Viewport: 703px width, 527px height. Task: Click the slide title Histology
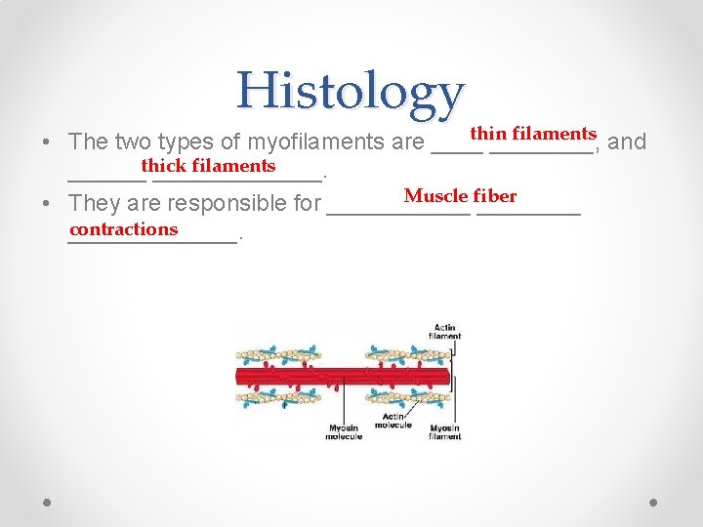click(x=349, y=92)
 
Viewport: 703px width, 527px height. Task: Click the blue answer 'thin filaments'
click(x=533, y=133)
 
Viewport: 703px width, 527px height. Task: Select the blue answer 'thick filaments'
click(x=208, y=166)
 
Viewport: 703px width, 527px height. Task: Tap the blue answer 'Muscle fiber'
click(x=460, y=196)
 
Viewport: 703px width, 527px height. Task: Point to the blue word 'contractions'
click(x=124, y=229)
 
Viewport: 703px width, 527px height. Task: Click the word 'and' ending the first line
click(x=627, y=142)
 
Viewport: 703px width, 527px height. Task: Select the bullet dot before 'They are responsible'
click(x=47, y=205)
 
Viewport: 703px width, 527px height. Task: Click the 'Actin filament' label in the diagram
click(x=444, y=332)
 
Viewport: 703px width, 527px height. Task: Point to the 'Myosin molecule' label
click(x=343, y=431)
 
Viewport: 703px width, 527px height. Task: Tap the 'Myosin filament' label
click(x=444, y=431)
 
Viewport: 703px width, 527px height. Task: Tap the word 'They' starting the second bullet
click(x=91, y=204)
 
